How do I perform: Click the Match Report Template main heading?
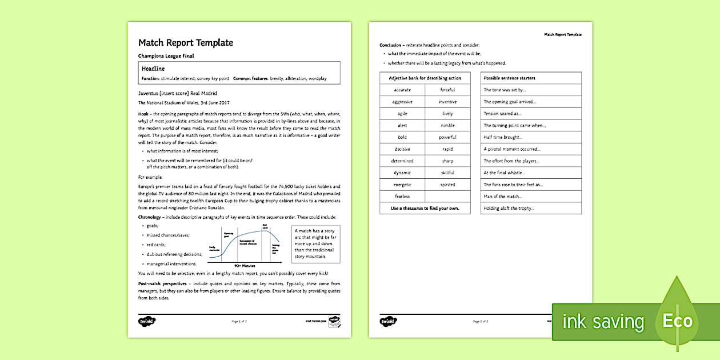[x=185, y=43]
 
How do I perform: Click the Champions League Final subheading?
[x=166, y=56]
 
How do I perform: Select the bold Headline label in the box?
[x=153, y=69]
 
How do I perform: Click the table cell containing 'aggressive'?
[x=402, y=102]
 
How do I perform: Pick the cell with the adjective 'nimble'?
[x=447, y=125]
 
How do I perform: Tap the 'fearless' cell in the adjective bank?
[x=402, y=197]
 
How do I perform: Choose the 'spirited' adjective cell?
[x=447, y=185]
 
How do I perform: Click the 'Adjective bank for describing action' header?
[x=425, y=78]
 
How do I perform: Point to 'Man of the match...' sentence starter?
[x=503, y=197]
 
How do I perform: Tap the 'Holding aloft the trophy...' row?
[x=509, y=209]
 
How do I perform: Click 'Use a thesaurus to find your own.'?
[x=425, y=209]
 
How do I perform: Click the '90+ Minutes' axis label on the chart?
[x=245, y=266]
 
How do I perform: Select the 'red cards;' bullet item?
[x=157, y=245]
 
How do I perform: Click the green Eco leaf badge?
[x=678, y=320]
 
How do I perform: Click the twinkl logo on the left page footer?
[x=147, y=321]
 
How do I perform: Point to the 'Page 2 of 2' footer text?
[x=480, y=322]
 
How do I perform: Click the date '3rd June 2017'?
[x=214, y=103]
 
